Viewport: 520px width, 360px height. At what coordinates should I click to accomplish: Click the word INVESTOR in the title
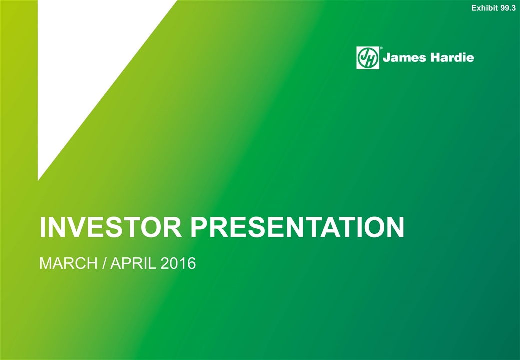click(111, 227)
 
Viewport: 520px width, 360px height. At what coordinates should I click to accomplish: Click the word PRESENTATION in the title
click(297, 227)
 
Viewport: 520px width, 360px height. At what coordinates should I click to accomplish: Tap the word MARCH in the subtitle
click(68, 263)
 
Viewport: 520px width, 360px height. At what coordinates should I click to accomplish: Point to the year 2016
click(178, 263)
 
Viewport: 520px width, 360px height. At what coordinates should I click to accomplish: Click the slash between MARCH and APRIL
click(104, 263)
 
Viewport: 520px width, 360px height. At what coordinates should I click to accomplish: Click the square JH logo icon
click(368, 58)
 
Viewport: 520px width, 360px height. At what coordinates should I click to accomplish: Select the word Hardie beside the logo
click(452, 57)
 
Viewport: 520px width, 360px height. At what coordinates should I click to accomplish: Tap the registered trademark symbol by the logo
click(381, 48)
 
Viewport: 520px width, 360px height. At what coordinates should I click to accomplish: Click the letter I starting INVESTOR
click(42, 227)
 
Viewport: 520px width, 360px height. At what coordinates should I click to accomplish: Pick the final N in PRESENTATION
click(396, 227)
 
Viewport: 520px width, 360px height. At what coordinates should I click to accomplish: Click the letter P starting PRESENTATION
click(198, 227)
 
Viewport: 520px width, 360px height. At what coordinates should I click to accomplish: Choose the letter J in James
click(386, 58)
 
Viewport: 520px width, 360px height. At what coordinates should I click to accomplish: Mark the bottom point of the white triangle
click(38, 180)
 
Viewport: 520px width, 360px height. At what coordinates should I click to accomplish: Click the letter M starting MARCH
click(45, 263)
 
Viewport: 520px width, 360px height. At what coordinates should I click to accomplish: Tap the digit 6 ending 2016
click(191, 263)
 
